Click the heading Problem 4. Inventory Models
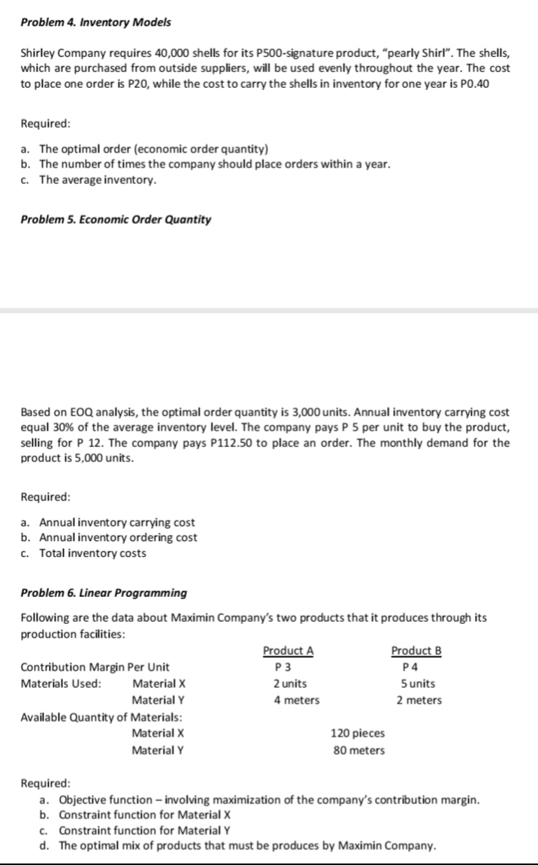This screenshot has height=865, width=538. [x=95, y=22]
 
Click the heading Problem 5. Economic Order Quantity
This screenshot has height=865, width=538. [x=116, y=219]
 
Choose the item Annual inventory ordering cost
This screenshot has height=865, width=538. [x=118, y=538]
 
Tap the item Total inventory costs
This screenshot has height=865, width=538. [x=92, y=553]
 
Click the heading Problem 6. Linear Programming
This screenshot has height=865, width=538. [x=104, y=592]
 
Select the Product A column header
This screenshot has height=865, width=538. [x=288, y=651]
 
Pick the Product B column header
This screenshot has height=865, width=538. [x=416, y=651]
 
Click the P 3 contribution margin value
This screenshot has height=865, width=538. [x=284, y=667]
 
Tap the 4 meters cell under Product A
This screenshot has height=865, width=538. [x=295, y=700]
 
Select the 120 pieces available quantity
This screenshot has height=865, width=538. [x=358, y=734]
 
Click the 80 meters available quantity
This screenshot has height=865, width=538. [x=358, y=750]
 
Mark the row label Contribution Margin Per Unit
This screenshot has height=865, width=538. [x=95, y=667]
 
